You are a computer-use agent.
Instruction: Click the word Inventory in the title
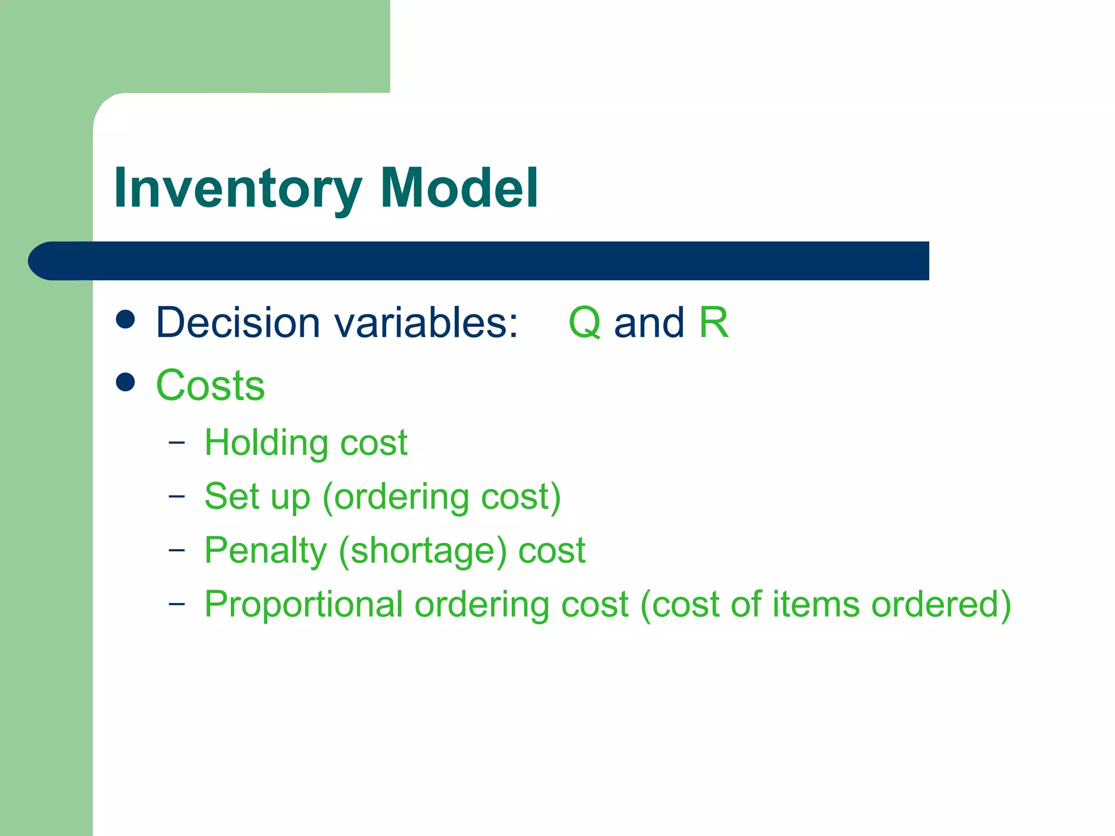[237, 189]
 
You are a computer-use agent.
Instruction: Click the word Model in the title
[459, 188]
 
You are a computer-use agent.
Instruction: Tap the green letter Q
[584, 323]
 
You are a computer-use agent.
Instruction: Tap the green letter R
[713, 322]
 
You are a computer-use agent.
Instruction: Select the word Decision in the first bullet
[238, 323]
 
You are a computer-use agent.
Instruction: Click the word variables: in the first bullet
[426, 323]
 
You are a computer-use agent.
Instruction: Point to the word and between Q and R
[648, 323]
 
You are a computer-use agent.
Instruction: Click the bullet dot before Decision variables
[125, 319]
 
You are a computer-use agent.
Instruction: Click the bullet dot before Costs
[125, 382]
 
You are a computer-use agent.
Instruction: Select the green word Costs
[210, 385]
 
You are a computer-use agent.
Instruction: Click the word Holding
[266, 443]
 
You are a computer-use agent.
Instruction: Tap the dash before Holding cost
[176, 442]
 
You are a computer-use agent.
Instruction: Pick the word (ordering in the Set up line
[395, 497]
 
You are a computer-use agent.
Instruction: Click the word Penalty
[265, 551]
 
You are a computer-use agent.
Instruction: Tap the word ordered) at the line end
[941, 605]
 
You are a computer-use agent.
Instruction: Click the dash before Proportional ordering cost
[176, 604]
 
